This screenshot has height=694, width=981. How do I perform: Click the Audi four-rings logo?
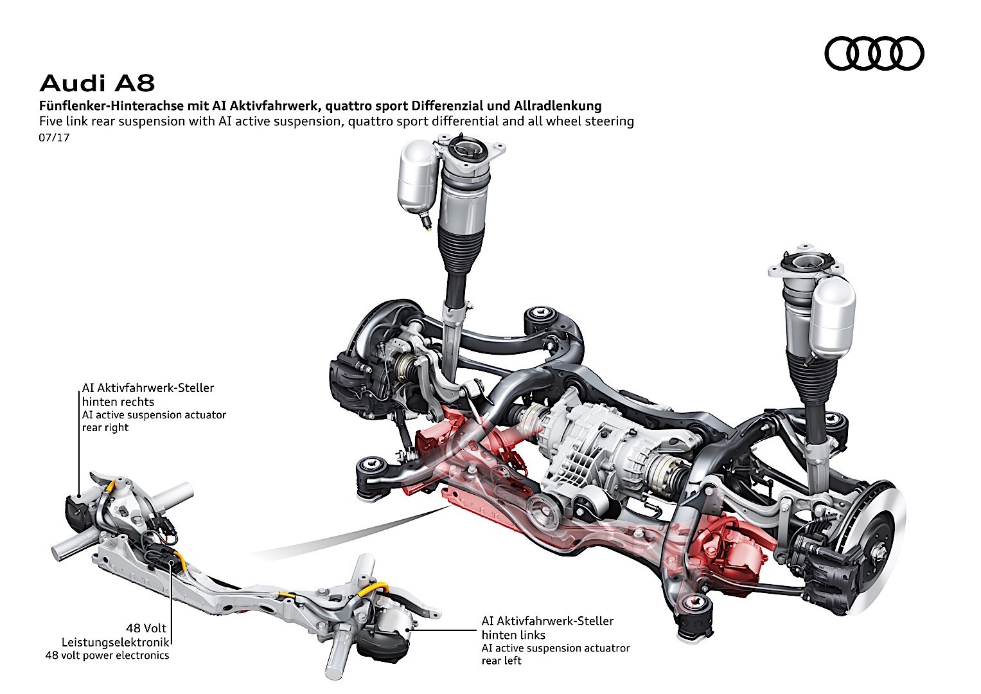874,53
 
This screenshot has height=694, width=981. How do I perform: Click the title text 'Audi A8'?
97,84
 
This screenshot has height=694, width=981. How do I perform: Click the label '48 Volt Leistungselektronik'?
116,635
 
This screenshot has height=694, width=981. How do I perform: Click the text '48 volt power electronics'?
107,655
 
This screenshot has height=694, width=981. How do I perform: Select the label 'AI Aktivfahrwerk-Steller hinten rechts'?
148,395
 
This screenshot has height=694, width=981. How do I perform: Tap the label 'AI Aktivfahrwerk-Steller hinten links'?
547,628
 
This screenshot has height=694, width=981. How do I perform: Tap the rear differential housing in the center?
591,450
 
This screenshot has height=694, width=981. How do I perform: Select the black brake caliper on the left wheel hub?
350,379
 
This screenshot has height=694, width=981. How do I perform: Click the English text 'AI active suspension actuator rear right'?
154,421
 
